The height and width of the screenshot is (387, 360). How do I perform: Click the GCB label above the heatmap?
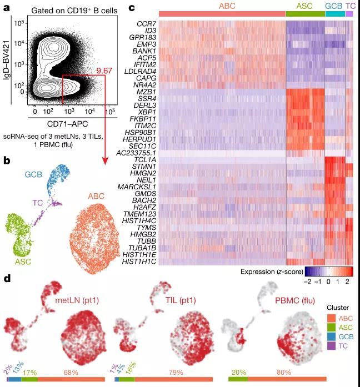(x=333, y=5)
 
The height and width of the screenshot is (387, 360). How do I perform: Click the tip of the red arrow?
(x=105, y=166)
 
